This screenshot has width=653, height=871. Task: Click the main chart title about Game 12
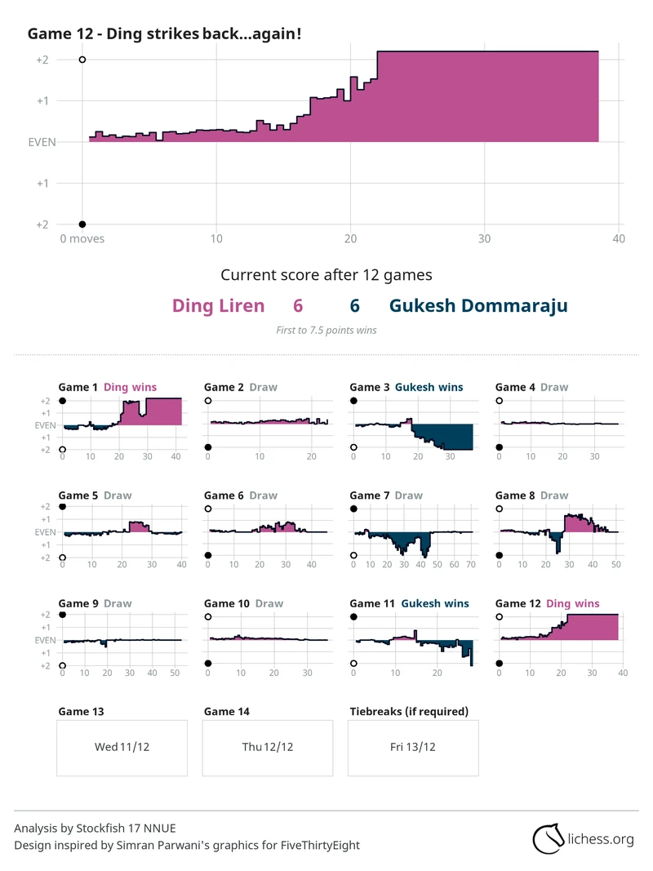164,33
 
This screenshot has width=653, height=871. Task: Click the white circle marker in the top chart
82,60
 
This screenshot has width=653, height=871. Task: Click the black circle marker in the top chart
82,224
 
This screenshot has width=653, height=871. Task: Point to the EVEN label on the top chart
42,142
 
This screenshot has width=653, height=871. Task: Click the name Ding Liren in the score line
218,306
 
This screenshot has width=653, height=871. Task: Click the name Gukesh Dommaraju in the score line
478,306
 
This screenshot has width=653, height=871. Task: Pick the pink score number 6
298,306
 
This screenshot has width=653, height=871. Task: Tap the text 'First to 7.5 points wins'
326,330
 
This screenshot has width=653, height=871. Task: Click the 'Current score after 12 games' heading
326,275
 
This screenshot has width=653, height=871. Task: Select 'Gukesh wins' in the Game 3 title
429,387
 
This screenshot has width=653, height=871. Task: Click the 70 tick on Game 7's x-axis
471,564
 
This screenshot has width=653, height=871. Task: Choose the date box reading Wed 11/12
122,747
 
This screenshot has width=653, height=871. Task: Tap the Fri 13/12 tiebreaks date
413,747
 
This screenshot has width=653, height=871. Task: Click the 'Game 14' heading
227,712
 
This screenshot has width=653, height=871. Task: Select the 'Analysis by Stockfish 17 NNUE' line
95,829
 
